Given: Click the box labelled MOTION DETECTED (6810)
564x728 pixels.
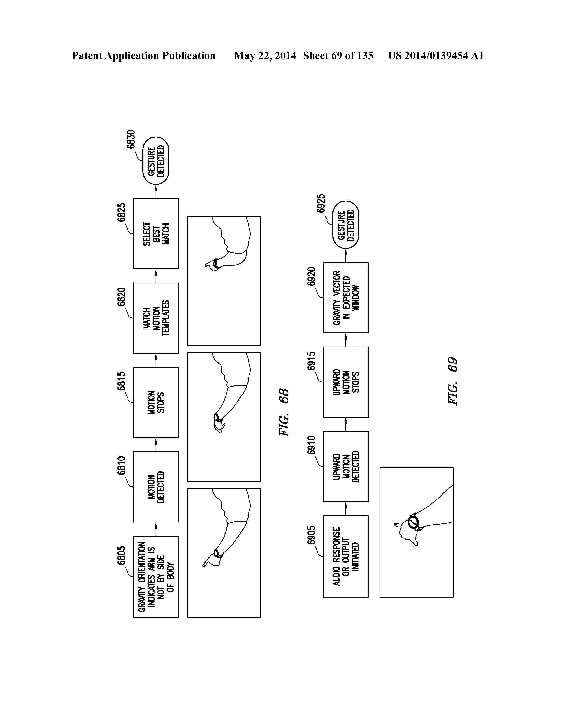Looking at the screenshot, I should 156,486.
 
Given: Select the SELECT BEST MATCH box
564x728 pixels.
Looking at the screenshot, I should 156,233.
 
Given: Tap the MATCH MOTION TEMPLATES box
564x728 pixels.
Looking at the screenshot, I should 156,318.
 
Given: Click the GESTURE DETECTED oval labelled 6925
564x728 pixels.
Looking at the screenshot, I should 346,225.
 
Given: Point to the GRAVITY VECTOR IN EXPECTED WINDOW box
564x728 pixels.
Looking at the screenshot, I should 346,298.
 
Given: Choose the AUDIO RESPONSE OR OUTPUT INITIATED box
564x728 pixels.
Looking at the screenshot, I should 346,556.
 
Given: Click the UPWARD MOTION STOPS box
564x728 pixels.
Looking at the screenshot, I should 346,382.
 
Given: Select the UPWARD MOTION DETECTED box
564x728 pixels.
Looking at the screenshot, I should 346,466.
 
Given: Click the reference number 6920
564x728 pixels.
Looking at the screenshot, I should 311,276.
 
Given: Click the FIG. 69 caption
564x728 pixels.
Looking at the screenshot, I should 453,381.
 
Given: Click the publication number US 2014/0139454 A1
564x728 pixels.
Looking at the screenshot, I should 436,56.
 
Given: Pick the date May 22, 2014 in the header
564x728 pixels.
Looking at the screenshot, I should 265,56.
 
